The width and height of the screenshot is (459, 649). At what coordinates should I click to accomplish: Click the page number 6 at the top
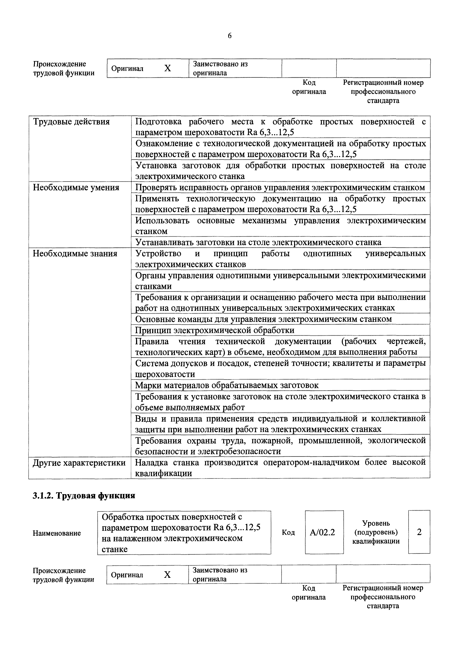coord(229,36)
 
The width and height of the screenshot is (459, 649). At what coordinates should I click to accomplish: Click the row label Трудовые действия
coord(71,122)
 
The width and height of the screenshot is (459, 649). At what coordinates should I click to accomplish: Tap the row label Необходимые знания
coord(75,254)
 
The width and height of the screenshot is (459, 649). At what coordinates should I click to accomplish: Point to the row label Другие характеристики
coord(79,463)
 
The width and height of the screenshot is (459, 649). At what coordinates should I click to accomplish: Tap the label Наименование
coord(57,533)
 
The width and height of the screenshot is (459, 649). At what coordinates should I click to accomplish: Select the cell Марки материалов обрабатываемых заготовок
coord(227,385)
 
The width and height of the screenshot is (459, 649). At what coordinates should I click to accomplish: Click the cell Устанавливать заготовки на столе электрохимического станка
coord(258,242)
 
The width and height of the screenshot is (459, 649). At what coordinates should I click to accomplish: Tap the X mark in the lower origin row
coord(167,575)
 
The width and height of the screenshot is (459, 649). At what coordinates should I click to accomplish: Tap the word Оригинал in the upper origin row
coord(127,69)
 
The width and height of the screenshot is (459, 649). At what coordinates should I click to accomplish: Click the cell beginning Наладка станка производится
coord(280,468)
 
